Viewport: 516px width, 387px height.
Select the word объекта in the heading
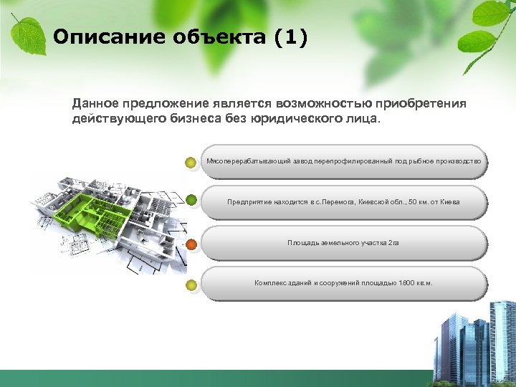(214, 37)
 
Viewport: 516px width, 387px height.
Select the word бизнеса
(191, 119)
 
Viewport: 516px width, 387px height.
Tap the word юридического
(295, 119)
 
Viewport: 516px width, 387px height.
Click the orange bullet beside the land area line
(191, 244)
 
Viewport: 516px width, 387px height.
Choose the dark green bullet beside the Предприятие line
(191, 201)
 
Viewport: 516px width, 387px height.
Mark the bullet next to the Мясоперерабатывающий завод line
(191, 163)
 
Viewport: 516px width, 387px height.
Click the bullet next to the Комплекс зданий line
(191, 286)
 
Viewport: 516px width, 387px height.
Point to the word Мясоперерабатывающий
(248, 162)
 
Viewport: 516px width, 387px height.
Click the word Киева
(449, 202)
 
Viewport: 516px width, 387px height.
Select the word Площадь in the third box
(302, 243)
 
